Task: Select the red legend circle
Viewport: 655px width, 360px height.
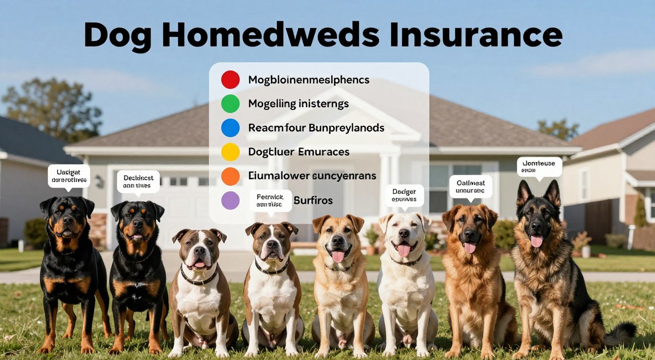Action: point(230,80)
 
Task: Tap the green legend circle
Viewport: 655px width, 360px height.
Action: point(230,104)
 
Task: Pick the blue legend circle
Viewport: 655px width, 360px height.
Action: point(230,128)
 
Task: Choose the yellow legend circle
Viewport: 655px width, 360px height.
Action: point(230,152)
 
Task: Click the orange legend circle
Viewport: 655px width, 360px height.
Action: point(230,176)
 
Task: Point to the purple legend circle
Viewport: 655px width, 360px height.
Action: point(230,200)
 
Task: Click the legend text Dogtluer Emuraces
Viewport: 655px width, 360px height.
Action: point(299,152)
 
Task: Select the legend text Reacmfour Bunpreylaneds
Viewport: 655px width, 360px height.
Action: point(316,128)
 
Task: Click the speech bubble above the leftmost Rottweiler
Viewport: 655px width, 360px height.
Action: point(69,175)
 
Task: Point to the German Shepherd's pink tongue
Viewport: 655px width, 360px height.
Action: point(536,241)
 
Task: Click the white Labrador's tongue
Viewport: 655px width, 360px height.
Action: point(404,250)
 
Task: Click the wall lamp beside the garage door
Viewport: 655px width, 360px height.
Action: point(99,182)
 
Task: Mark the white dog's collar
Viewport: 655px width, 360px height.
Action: point(407,261)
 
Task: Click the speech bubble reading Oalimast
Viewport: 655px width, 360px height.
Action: point(470,186)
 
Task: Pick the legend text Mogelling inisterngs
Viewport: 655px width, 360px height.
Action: point(298,104)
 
